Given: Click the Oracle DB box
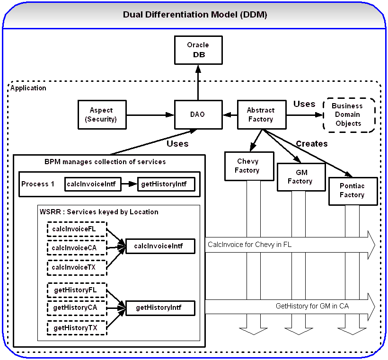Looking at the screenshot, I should pyautogui.click(x=198, y=50).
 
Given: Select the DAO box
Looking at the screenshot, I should pyautogui.click(x=198, y=114).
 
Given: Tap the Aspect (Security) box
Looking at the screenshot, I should pyautogui.click(x=102, y=114).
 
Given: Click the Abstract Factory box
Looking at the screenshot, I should pyautogui.click(x=261, y=114).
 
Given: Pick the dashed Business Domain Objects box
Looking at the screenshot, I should pyautogui.click(x=348, y=115).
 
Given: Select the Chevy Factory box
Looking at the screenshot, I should pyautogui.click(x=248, y=166).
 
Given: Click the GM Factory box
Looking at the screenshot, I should pyautogui.click(x=300, y=177).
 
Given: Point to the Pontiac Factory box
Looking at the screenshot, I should pyautogui.click(x=352, y=191).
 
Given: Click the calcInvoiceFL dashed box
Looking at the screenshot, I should pyautogui.click(x=77, y=229).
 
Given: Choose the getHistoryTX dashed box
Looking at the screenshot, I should pyautogui.click(x=77, y=327).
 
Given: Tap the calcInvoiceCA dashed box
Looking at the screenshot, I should pyautogui.click(x=77, y=248).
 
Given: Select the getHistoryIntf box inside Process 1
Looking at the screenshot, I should pyautogui.click(x=166, y=184).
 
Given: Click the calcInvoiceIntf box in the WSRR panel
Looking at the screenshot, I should pyautogui.click(x=160, y=246).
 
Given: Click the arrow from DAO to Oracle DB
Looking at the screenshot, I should pyautogui.click(x=198, y=83).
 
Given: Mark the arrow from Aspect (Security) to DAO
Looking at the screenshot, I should pyautogui.click(x=150, y=114).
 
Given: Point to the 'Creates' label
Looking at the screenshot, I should pyautogui.click(x=311, y=144).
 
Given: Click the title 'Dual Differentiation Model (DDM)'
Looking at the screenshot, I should pyautogui.click(x=194, y=15).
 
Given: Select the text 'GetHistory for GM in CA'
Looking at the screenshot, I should pyautogui.click(x=312, y=306).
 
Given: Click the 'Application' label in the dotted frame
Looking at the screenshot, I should pyautogui.click(x=28, y=88).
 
